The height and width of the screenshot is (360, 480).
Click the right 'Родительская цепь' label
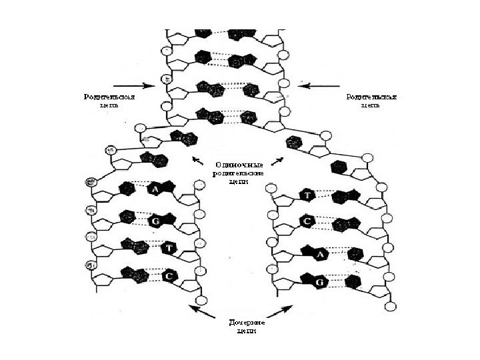pyautogui.click(x=371, y=101)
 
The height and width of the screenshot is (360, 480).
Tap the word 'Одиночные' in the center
pyautogui.click(x=239, y=164)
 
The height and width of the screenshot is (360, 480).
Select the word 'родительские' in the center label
pyautogui.click(x=239, y=172)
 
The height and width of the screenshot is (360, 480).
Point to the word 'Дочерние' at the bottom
pyautogui.click(x=238, y=322)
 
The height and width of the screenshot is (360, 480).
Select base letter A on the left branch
pyautogui.click(x=155, y=189)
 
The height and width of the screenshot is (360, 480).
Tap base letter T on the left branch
pyautogui.click(x=169, y=247)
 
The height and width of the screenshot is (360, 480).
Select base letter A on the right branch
pyautogui.click(x=320, y=254)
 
